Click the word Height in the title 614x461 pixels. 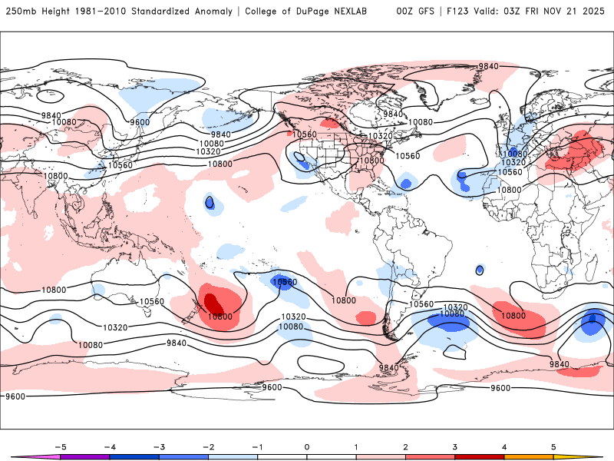(51, 12)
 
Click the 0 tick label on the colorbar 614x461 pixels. (307, 446)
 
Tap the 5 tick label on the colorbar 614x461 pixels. (553, 446)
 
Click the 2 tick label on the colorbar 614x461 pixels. (406, 446)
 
